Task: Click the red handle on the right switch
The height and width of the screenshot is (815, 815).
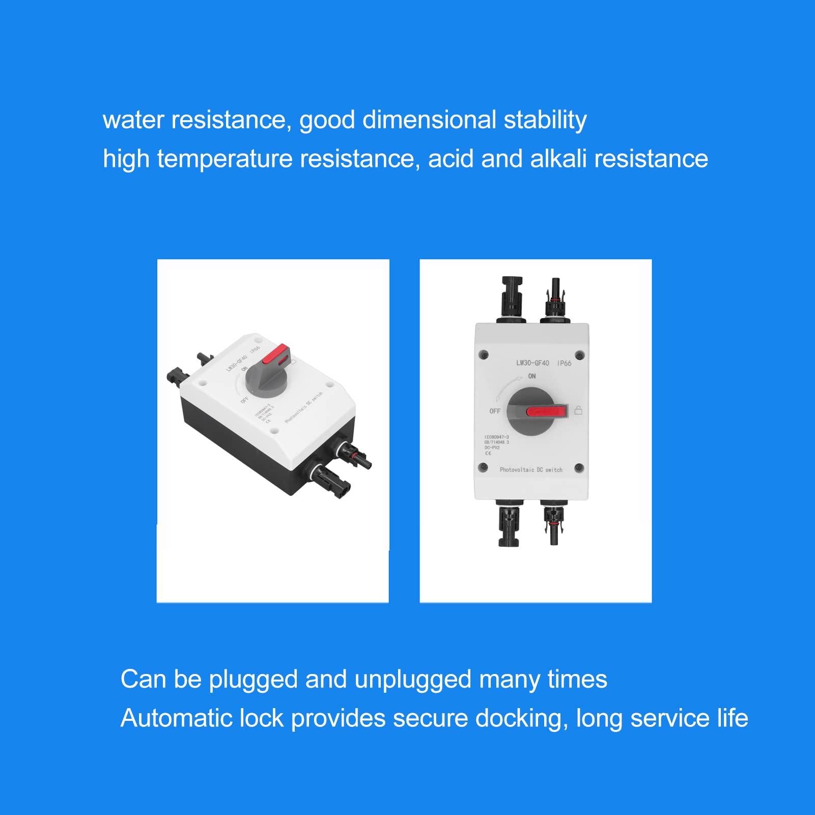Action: click(x=546, y=411)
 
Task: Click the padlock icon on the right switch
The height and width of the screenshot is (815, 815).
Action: click(x=578, y=410)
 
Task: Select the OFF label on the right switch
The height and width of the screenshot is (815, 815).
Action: click(x=495, y=411)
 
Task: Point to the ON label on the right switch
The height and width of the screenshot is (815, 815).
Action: click(x=532, y=376)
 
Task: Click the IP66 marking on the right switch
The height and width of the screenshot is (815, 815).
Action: click(x=564, y=363)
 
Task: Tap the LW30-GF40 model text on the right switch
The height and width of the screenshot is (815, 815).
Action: click(x=532, y=363)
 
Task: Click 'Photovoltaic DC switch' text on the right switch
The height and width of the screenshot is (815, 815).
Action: click(x=531, y=470)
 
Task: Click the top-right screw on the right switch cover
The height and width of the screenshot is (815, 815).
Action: click(x=579, y=355)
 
